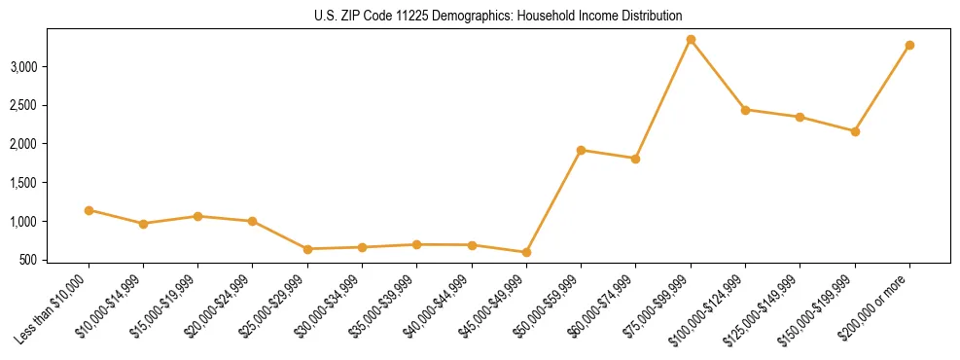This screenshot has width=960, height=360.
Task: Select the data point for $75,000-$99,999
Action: click(x=691, y=40)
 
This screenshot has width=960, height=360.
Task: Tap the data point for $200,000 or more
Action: click(x=909, y=46)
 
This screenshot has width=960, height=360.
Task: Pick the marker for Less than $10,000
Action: click(x=89, y=210)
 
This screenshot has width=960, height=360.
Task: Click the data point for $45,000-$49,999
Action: click(x=526, y=253)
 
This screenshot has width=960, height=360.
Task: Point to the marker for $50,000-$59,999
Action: click(x=581, y=150)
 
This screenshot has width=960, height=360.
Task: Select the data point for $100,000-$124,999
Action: click(x=745, y=110)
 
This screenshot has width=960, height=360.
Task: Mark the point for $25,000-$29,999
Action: click(x=307, y=249)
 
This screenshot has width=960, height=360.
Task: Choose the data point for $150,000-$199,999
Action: click(x=855, y=131)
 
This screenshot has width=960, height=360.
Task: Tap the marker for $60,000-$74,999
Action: click(x=635, y=159)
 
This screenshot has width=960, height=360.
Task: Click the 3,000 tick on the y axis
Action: click(x=51, y=66)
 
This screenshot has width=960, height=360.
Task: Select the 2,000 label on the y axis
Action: click(x=51, y=144)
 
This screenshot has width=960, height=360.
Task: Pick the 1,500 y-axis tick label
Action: click(x=51, y=183)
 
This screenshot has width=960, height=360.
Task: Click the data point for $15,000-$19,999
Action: click(x=197, y=216)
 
